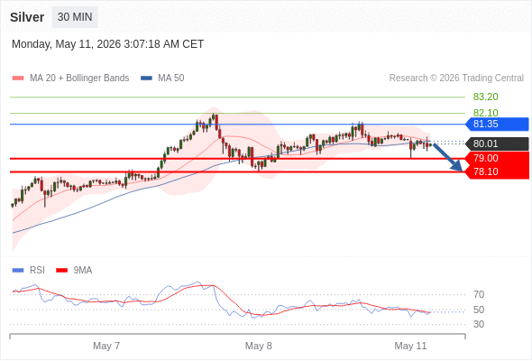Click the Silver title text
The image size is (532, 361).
point(27,17)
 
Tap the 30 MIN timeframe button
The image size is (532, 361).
point(75,17)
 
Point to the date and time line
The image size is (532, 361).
point(108,44)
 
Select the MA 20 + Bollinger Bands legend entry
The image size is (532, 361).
point(70,79)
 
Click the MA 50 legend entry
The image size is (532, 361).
point(162,79)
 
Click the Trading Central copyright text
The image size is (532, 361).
point(456,79)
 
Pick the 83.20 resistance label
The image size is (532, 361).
point(485,97)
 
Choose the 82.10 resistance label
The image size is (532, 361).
point(485,113)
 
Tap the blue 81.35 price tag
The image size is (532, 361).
point(497,124)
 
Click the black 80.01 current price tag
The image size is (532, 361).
point(497,143)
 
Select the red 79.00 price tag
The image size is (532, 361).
point(497,158)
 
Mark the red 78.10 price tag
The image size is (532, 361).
point(497,171)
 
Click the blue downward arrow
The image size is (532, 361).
point(448,157)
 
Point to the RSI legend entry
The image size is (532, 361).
point(29,271)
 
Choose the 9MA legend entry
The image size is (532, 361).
point(74,271)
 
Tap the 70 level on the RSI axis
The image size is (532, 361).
point(479,294)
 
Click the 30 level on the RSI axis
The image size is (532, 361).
point(479,324)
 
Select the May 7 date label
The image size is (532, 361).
point(106,346)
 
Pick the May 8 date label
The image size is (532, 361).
point(259,346)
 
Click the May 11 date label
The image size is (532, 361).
point(410,346)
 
